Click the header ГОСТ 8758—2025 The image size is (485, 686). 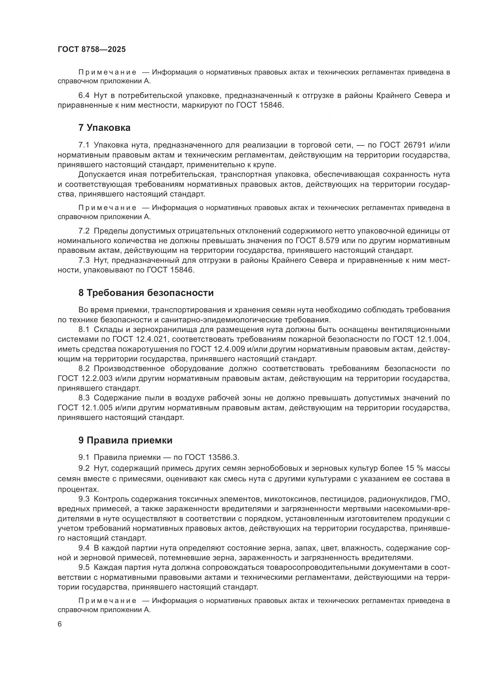click(92, 50)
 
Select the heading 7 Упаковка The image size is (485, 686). click(104, 128)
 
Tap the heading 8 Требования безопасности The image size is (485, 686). click(146, 293)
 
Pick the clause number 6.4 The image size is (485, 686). click(84, 96)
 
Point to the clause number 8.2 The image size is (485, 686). click(84, 369)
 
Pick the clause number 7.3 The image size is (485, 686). click(84, 260)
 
